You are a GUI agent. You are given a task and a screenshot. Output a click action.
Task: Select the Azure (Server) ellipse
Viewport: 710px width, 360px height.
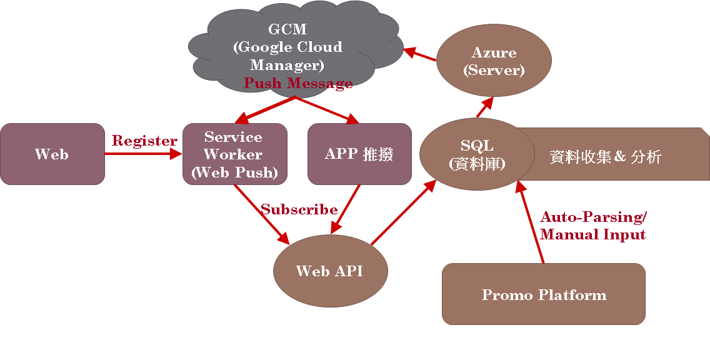coord(494,61)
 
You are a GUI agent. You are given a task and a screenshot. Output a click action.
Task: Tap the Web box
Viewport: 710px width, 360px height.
coord(52,154)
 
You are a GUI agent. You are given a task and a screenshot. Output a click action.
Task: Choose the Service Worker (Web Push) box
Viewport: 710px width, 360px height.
coord(234,154)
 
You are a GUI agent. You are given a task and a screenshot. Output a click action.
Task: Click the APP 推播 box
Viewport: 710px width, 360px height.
coord(359,154)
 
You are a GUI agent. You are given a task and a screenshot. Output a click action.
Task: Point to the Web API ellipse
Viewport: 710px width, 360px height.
coord(330,271)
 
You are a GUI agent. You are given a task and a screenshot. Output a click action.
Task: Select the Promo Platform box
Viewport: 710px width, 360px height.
coord(543,294)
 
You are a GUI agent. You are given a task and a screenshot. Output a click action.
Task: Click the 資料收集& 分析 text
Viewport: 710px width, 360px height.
coord(605,157)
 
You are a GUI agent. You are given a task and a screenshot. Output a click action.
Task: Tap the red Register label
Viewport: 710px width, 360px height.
coord(144,141)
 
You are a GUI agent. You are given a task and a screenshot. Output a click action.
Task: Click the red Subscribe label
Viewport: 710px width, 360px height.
coord(299,209)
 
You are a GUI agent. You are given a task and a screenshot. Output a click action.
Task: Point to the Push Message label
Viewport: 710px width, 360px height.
coord(298,83)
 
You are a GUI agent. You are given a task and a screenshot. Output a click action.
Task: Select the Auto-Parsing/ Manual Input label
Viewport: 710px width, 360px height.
coord(593,226)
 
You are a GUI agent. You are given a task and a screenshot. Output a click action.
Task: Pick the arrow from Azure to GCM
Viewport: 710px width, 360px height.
coord(420,54)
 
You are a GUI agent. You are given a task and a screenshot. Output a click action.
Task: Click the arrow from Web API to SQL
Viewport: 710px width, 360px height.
coord(403,212)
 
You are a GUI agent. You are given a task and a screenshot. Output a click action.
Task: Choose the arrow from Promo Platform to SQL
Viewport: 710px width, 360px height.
coord(530,222)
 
